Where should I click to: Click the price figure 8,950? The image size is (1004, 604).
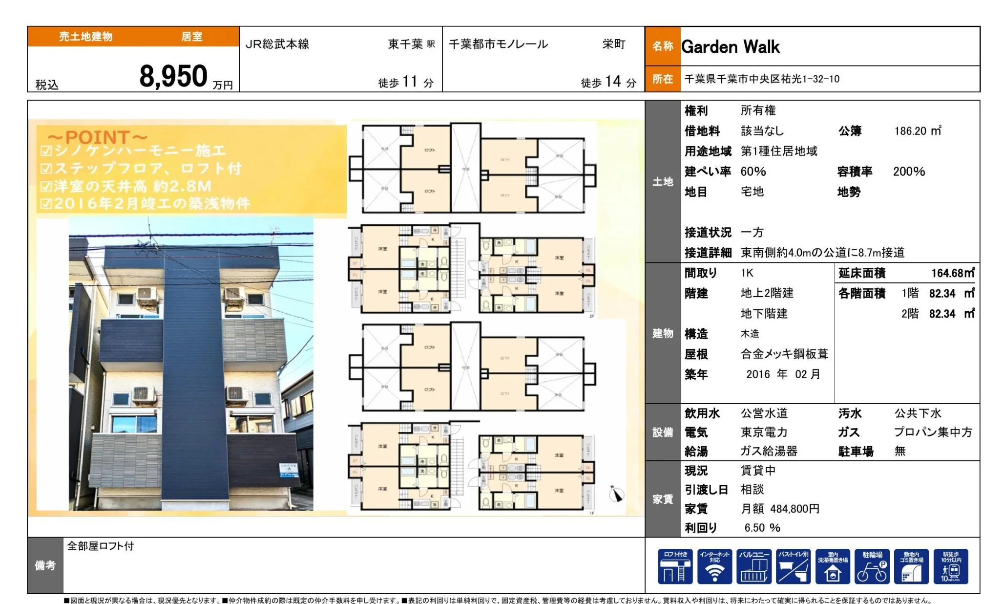click(173, 77)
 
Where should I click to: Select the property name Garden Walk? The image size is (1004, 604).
click(730, 47)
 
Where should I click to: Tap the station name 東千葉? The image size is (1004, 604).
click(405, 44)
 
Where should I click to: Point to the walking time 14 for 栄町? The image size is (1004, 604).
click(613, 81)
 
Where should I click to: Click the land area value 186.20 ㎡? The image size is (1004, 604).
click(917, 131)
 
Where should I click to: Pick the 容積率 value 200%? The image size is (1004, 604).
click(909, 172)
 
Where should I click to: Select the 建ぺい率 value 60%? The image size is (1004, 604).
click(753, 172)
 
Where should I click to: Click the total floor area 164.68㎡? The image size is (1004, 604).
click(952, 273)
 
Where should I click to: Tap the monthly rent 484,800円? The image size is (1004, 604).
click(795, 509)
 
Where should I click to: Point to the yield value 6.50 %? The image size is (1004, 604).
click(762, 528)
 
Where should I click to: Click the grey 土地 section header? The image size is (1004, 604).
click(663, 182)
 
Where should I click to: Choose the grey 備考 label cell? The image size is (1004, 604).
click(45, 565)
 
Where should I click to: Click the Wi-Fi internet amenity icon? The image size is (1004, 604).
click(714, 567)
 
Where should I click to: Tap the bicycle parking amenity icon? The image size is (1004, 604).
click(872, 567)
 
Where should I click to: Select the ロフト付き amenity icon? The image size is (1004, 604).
click(675, 567)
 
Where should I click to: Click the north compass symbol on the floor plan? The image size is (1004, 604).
click(616, 494)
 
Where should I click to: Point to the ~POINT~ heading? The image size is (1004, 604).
click(98, 137)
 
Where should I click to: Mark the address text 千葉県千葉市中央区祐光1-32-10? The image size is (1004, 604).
click(762, 79)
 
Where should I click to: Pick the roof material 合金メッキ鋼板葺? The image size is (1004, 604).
click(784, 354)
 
